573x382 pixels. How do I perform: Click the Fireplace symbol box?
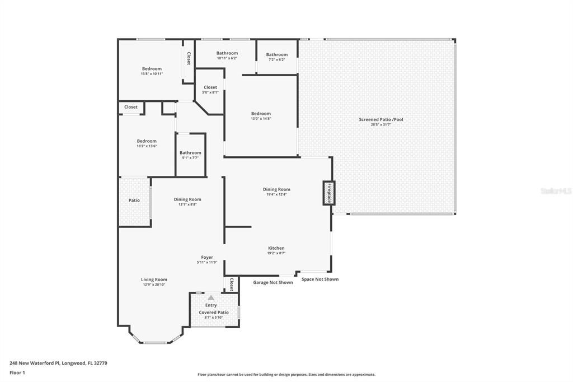(x=328, y=193)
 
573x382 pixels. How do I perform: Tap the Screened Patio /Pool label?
(x=381, y=119)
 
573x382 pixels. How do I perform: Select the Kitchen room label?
(x=276, y=248)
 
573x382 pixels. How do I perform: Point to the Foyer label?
(x=207, y=258)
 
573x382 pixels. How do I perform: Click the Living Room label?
(x=154, y=279)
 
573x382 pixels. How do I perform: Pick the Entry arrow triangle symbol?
(x=211, y=298)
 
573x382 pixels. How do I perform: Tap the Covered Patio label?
(x=214, y=313)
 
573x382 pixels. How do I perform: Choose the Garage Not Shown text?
(x=273, y=282)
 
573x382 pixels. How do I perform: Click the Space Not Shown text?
(x=320, y=279)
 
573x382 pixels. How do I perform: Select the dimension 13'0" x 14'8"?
(x=261, y=119)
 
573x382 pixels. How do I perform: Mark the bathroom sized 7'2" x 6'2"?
(x=276, y=59)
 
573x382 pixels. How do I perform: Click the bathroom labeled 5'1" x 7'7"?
(x=190, y=158)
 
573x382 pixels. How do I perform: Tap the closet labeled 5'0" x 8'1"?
(x=210, y=92)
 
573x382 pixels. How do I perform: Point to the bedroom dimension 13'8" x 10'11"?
(x=152, y=74)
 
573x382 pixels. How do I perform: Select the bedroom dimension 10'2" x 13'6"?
(x=147, y=146)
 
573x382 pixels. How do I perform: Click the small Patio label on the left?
(x=134, y=200)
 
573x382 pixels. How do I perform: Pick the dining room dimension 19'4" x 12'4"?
(x=276, y=194)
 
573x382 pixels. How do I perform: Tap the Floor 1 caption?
(x=17, y=372)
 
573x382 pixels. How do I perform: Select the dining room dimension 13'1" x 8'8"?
(x=187, y=204)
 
